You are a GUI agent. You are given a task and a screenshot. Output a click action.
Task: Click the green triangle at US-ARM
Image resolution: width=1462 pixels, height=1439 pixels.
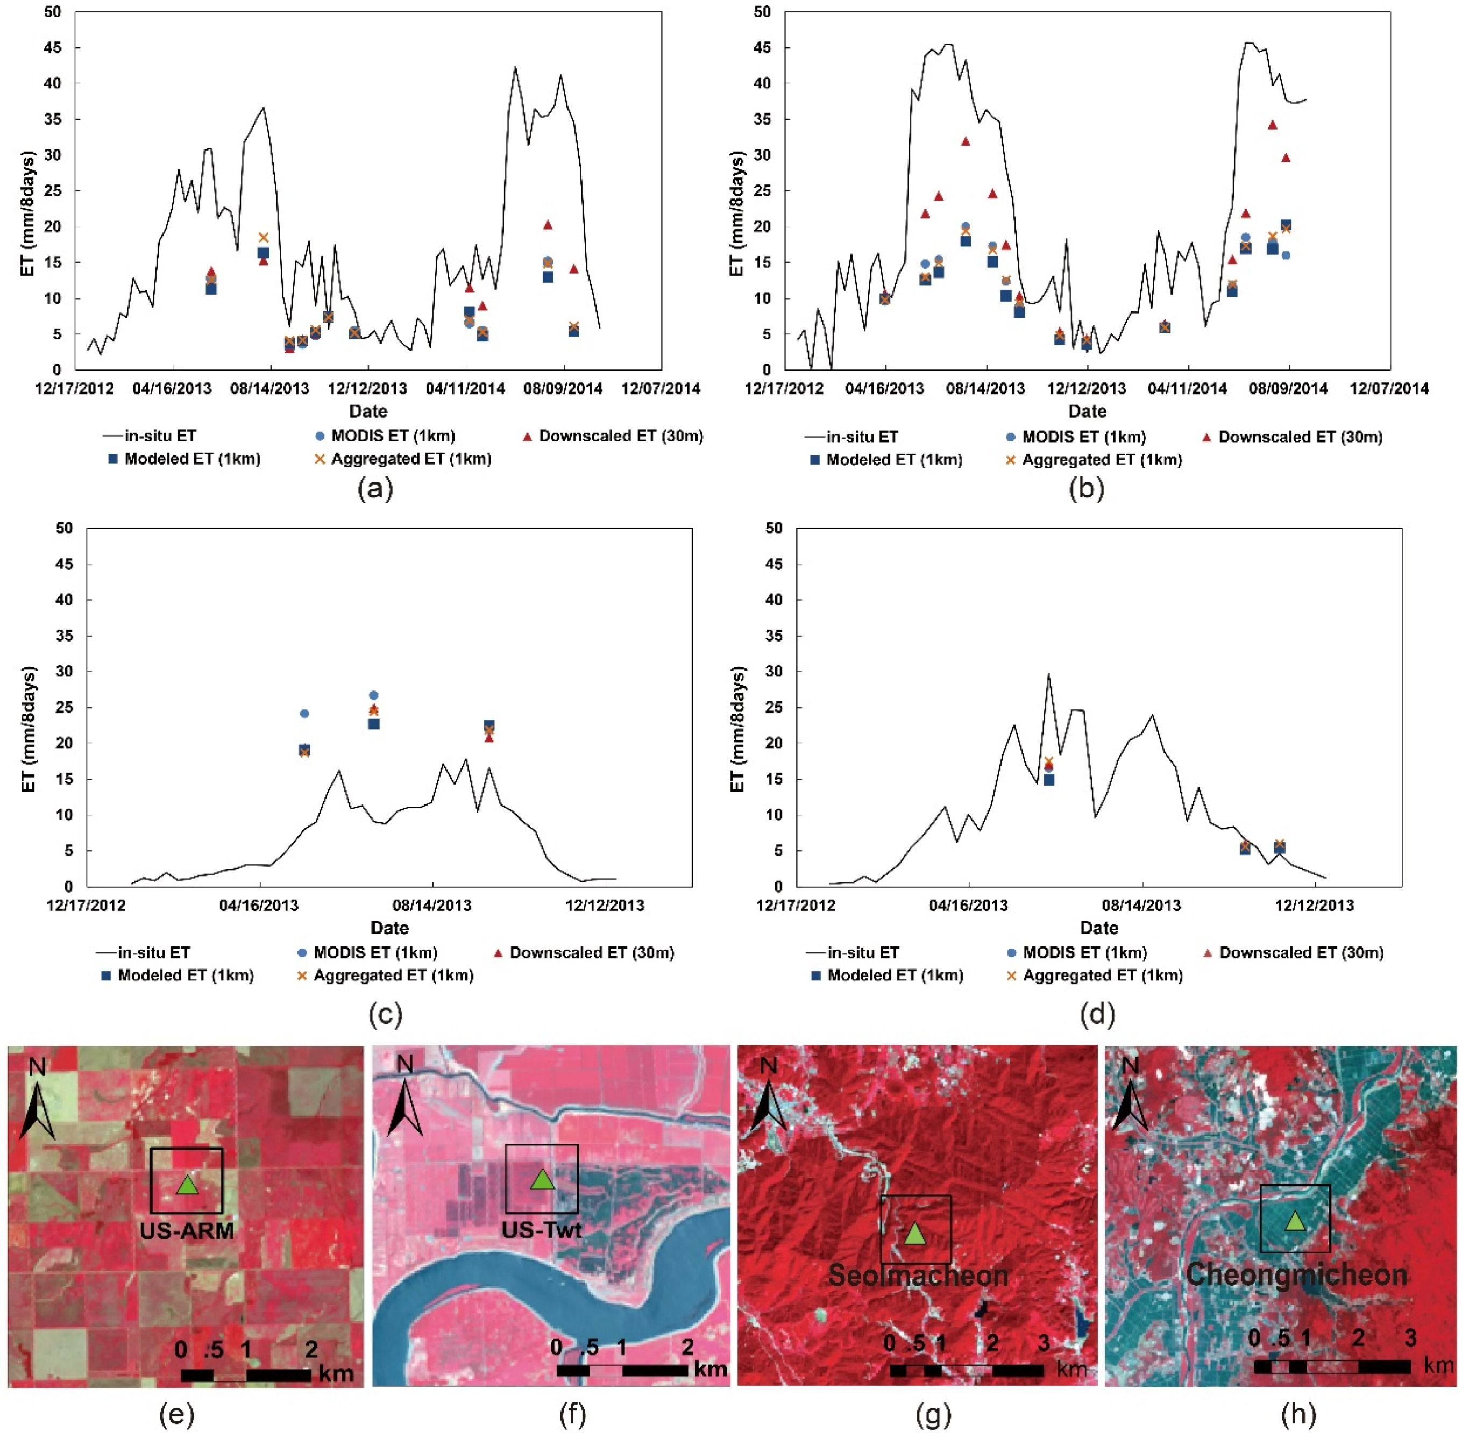(188, 1185)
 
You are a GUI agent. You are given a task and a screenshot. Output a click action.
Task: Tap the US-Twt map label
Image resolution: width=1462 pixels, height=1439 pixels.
(542, 1230)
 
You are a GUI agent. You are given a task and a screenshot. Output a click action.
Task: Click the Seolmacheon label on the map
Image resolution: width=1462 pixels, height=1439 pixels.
(918, 1276)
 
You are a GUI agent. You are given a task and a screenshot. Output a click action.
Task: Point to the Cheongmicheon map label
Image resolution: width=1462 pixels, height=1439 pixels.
(1296, 1274)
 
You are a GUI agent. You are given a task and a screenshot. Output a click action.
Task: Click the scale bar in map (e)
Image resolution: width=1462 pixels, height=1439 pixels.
(246, 1375)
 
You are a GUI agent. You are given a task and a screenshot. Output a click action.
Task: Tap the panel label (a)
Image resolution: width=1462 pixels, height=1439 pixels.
(375, 489)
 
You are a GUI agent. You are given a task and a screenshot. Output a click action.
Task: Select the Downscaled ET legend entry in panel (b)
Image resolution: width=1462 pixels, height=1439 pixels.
(1291, 437)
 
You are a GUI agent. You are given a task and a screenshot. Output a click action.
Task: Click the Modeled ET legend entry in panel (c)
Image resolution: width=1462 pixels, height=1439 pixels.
(179, 975)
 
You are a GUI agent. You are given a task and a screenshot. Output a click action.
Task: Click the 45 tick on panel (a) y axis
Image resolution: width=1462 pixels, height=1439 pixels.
(52, 48)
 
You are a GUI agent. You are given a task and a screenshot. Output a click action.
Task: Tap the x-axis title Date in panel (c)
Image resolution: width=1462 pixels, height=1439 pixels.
(389, 928)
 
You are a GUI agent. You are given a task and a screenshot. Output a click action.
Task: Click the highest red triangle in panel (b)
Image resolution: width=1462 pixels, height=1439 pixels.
(1272, 125)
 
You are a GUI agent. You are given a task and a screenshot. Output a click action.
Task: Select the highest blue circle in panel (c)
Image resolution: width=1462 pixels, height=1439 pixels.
(373, 695)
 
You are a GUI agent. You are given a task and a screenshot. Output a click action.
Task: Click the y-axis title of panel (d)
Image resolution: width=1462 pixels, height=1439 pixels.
(738, 729)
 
